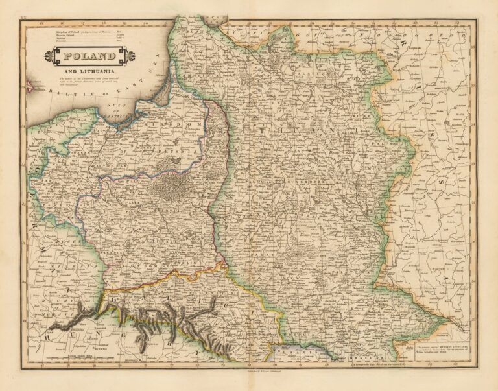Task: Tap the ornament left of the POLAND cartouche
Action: click(49, 57)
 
